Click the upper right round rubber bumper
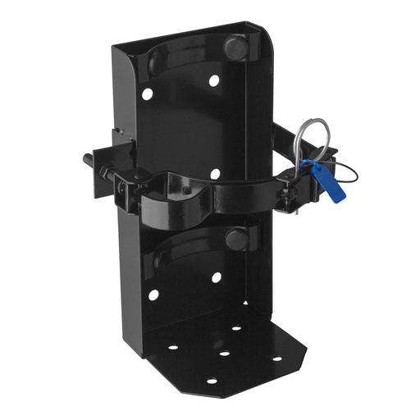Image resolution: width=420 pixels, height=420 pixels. coord(235,48)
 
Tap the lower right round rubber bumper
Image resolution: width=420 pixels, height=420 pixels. coord(236,240)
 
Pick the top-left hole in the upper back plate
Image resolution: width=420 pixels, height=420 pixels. coord(147,94)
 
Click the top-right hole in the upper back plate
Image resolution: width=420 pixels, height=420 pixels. coord(213,81)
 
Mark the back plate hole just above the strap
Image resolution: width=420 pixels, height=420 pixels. coord(214,174)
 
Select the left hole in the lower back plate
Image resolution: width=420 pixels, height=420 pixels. coord(153,294)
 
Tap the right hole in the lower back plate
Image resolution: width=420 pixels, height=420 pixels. coord(216,277)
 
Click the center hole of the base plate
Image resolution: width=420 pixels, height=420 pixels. coord(223,354)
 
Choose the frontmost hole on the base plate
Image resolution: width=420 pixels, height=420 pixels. coord(212,381)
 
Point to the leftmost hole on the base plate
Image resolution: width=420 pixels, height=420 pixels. coord(173,347)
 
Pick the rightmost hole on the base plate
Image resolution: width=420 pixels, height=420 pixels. coord(276,358)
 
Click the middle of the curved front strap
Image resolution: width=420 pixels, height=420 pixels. coord(201,197)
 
